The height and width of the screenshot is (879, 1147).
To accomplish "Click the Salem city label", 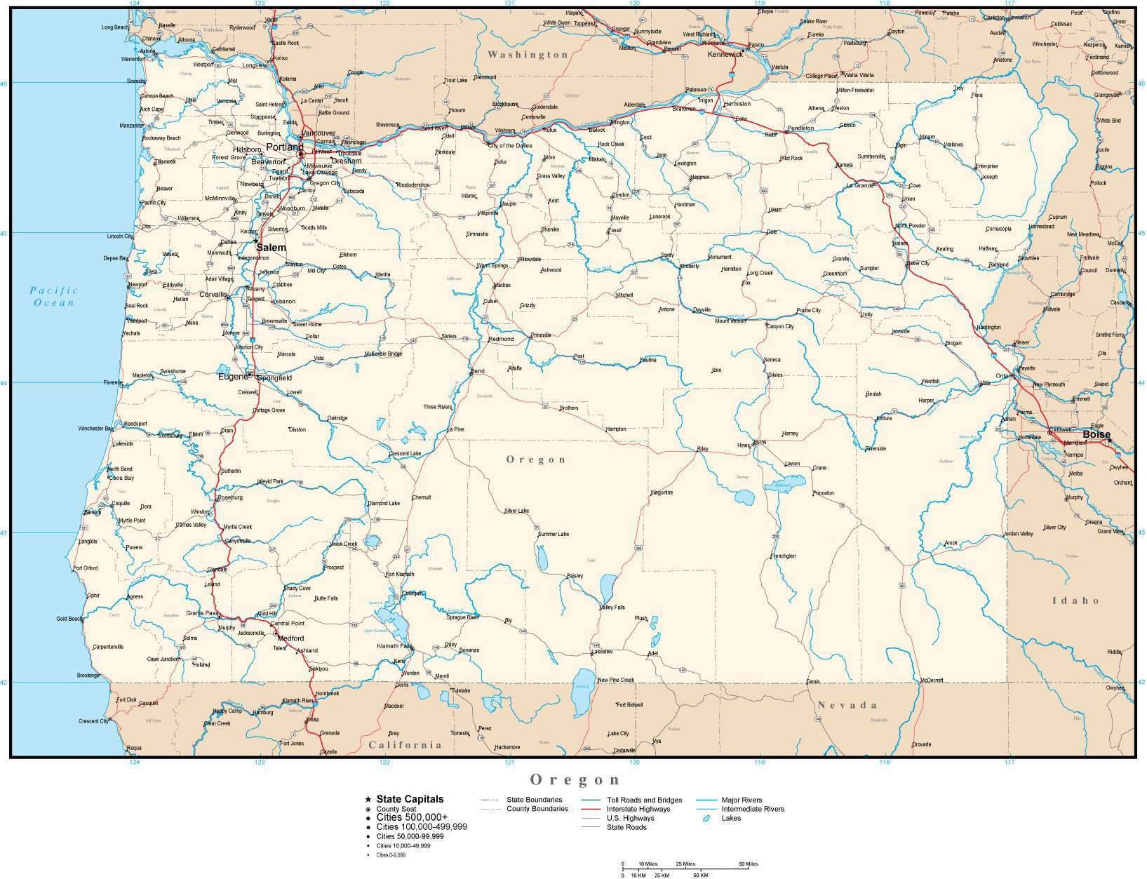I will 271,248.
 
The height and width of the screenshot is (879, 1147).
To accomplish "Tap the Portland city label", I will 284,147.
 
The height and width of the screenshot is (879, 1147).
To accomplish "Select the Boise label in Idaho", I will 1096,434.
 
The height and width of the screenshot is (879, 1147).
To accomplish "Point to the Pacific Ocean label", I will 53,296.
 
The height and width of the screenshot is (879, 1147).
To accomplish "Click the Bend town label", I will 478,371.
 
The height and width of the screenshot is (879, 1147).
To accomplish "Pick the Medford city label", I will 290,638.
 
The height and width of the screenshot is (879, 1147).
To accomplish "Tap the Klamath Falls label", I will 394,645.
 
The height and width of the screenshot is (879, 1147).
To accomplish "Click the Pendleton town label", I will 801,128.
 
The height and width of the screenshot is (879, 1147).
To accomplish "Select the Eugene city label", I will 233,377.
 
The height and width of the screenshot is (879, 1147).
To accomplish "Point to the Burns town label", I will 760,443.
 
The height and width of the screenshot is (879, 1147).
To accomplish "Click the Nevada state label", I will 847,705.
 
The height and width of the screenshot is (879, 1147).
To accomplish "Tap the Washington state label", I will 528,55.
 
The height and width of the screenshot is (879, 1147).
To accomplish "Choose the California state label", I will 405,745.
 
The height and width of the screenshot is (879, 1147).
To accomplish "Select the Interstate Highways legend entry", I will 638,809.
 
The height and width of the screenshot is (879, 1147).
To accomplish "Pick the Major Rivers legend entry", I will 742,800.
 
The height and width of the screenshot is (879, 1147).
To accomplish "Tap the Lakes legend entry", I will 730,818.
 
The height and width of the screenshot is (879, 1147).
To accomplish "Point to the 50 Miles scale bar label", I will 747,864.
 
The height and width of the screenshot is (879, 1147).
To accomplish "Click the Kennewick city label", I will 725,54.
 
